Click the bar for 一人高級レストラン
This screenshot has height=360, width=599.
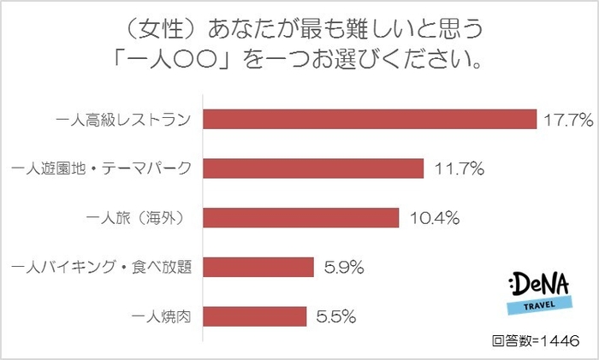coord(369,119)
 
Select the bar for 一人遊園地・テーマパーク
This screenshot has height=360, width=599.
coord(312,168)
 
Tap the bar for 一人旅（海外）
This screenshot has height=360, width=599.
coord(300,218)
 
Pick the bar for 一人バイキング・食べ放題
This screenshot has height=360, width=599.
coord(258,268)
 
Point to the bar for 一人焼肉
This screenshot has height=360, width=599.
coord(254,316)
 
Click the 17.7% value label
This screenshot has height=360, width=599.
coord(567,120)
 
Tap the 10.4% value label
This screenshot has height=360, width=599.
coord(432,218)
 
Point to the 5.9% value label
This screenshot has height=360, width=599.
coord(344,268)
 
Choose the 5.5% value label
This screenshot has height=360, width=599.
coord(336,316)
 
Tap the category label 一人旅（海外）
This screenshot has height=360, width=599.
coord(142,218)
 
